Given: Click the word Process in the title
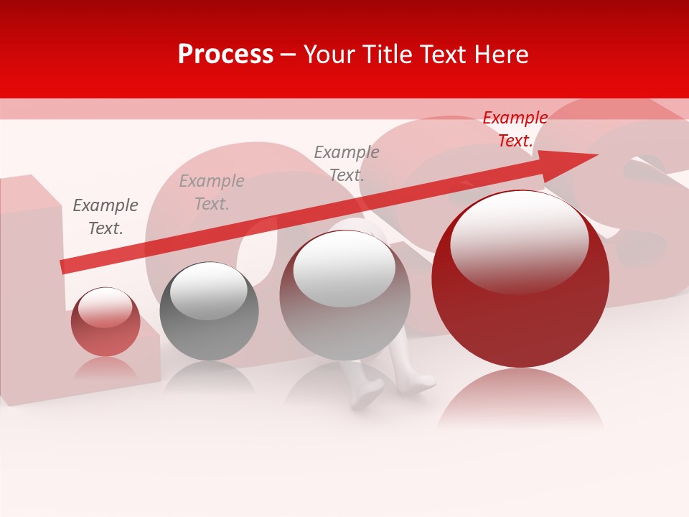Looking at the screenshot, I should pos(225,55).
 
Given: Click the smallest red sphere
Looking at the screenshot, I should pos(106,322).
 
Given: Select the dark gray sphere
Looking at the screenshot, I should pos(209,312).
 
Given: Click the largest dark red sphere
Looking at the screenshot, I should pos(520,280).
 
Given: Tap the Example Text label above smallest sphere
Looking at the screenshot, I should pos(106,217).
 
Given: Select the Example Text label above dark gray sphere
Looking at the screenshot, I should pos(212,192).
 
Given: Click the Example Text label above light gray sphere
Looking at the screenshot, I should pos(347,163).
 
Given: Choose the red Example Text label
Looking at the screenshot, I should pos(515,129).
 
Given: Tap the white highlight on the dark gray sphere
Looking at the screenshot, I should pos(208,291).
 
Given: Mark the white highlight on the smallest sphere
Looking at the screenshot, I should pos(105,307).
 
